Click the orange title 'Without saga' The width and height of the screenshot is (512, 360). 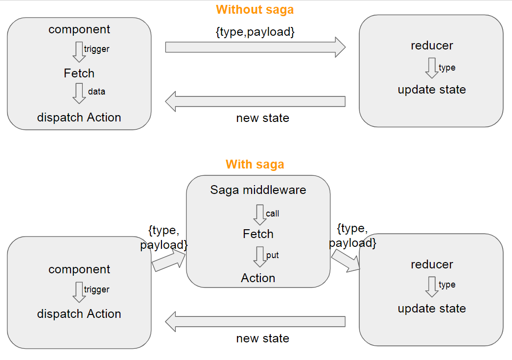[255, 9]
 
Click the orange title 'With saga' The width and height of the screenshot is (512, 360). [255, 164]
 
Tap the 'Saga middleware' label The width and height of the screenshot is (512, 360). [258, 190]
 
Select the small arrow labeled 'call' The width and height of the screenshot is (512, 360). [259, 215]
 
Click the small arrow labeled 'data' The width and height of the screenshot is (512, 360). [79, 93]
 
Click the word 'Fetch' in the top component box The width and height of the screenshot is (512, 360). [79, 73]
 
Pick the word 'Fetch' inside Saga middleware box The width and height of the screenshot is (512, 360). [258, 234]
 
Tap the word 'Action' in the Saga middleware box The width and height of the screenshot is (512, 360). [258, 278]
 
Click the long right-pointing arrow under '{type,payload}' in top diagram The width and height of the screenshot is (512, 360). [255, 47]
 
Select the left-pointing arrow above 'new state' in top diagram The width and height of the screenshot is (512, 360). [255, 101]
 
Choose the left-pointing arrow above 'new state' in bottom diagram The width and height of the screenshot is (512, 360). [255, 321]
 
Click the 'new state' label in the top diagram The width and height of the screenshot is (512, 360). [262, 118]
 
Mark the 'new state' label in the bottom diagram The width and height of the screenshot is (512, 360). [262, 338]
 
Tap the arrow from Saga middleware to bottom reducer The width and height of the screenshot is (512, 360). [346, 260]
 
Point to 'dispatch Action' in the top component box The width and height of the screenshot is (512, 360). [79, 118]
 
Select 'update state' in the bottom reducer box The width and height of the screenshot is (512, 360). [431, 309]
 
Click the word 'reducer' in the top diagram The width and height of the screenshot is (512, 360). [431, 46]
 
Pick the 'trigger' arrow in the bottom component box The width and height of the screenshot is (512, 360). [79, 292]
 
